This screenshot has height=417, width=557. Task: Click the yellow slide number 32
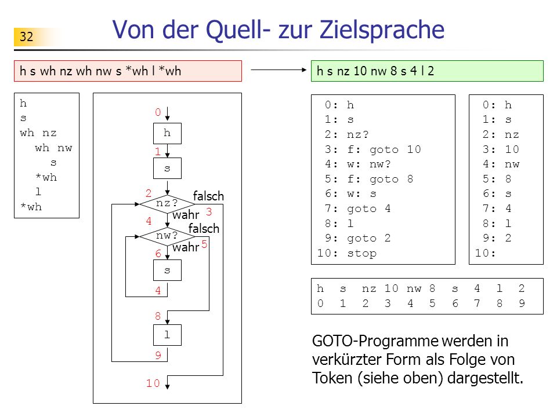click(27, 36)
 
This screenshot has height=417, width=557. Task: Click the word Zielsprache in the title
click(382, 30)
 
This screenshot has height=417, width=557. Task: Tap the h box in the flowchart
click(167, 133)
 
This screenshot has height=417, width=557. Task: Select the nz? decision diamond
click(167, 204)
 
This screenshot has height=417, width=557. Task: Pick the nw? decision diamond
click(167, 236)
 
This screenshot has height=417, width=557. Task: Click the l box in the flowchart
click(167, 335)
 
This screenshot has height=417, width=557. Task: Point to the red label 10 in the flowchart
click(153, 383)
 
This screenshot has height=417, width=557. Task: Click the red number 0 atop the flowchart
click(158, 112)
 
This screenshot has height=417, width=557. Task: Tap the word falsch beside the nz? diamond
click(208, 196)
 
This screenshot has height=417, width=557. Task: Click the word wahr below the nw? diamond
click(186, 247)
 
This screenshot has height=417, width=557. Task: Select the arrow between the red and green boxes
click(278, 70)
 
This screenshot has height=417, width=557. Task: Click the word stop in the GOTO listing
click(361, 253)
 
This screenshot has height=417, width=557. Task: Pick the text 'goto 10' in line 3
click(395, 149)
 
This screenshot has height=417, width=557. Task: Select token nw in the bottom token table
click(414, 288)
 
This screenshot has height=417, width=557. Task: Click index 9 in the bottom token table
click(522, 303)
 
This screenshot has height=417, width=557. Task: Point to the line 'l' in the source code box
click(38, 192)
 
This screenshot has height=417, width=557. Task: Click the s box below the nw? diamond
click(167, 270)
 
